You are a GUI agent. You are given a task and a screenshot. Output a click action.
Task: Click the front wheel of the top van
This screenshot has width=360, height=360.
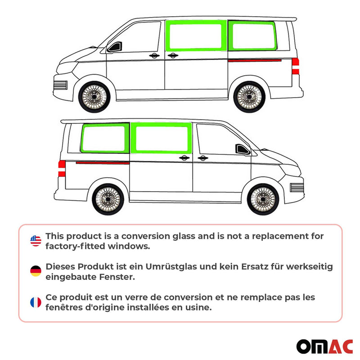(94, 96)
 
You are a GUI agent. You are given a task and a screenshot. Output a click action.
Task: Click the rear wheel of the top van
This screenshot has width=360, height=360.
(249, 96)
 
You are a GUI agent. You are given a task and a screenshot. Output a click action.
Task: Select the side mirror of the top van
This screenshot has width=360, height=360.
(114, 46)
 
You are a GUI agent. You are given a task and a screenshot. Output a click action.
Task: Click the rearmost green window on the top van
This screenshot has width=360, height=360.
(253, 36)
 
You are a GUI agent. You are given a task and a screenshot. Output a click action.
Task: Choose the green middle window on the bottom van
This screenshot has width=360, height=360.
(162, 139)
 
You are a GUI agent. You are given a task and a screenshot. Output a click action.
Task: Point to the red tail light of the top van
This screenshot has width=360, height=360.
(295, 66)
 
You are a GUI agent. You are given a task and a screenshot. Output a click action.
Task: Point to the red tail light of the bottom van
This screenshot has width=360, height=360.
(62, 169)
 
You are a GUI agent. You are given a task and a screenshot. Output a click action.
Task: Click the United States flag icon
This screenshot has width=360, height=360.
(36, 241)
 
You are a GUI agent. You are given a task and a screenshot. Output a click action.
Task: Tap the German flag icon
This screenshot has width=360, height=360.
(36, 271)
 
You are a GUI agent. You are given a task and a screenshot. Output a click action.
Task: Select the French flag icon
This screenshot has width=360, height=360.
(36, 302)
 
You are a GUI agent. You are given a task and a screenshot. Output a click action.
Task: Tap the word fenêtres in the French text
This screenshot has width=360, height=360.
(63, 308)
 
